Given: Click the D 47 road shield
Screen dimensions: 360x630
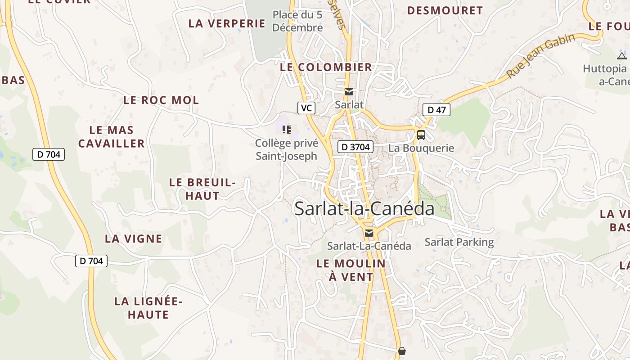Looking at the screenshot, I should (436, 109).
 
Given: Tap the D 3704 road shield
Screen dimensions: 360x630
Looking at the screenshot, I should (355, 146).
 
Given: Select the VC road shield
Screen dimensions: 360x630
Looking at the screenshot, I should (306, 108).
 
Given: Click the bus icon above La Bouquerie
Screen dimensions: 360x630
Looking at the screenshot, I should (421, 135).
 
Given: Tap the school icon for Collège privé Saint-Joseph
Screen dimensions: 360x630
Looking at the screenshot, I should (287, 130).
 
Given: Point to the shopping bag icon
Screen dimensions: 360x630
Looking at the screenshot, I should (401, 351).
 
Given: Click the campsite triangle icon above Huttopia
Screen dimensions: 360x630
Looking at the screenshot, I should (622, 56).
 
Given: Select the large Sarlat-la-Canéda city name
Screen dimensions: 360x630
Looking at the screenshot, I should (364, 209).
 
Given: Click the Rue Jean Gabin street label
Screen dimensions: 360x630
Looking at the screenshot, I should (540, 56).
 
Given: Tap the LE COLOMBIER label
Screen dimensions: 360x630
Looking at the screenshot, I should (326, 67).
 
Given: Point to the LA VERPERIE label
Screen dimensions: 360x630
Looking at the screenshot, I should (227, 23).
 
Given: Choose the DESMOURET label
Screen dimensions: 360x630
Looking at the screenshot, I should (445, 10).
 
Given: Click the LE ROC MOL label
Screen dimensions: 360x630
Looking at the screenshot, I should (161, 100).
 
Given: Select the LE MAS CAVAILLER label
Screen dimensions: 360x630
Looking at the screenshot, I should (111, 137).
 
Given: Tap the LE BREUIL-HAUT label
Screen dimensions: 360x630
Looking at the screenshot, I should (202, 189).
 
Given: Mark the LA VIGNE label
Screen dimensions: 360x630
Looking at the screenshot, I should (133, 238).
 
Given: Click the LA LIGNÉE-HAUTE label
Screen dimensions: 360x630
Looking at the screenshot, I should (148, 308).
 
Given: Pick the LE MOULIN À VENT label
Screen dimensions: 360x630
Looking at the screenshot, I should (351, 270).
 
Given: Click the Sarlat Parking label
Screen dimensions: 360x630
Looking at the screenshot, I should (459, 242).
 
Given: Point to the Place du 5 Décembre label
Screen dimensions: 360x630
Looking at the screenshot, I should (297, 21).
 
